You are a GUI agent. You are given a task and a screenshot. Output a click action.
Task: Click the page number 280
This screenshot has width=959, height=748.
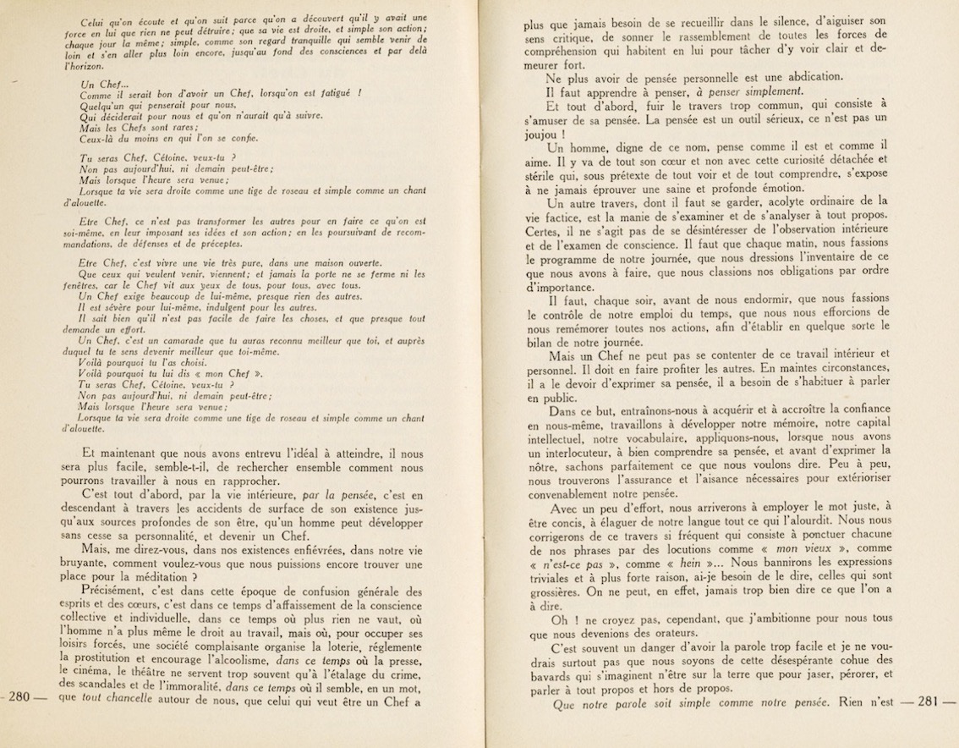19,697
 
